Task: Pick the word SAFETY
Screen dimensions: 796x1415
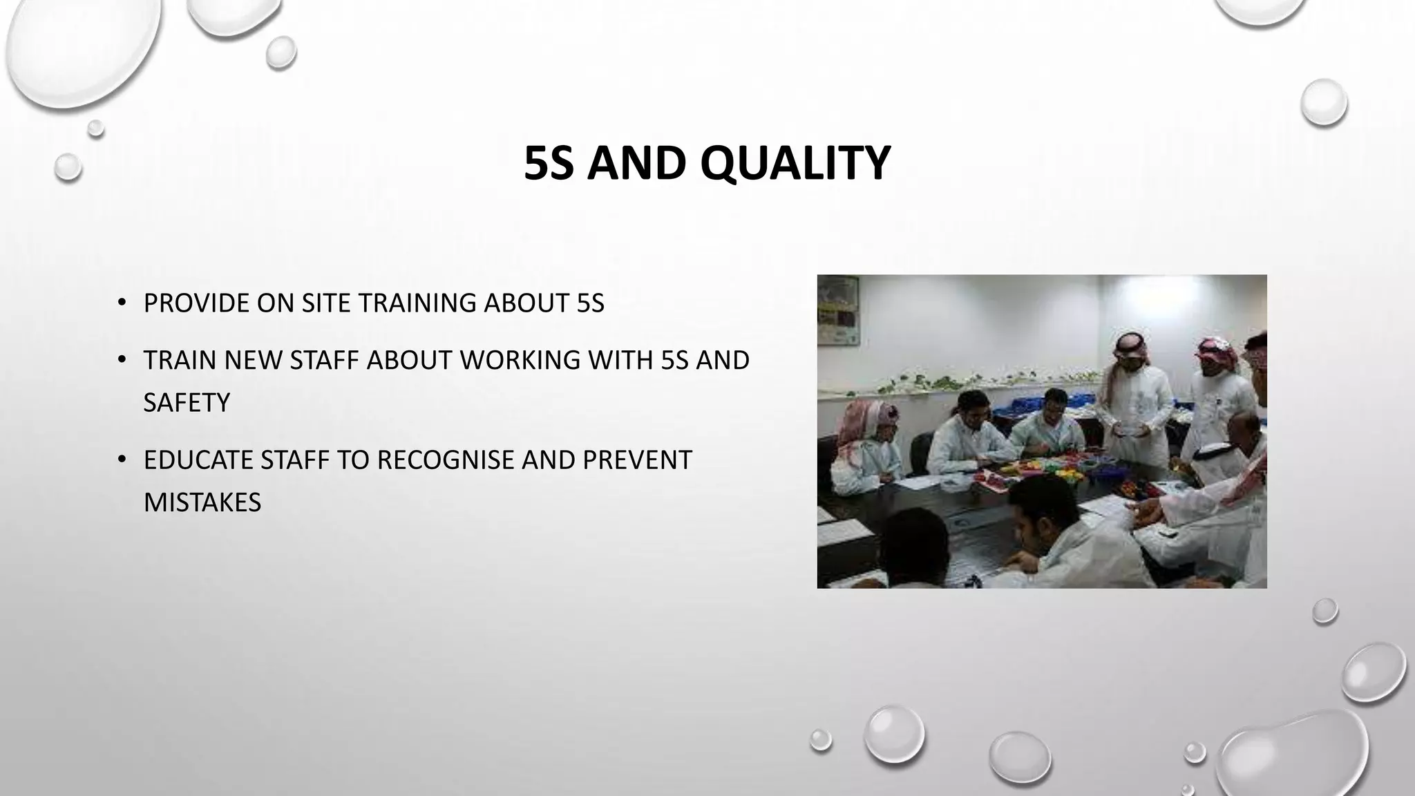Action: click(187, 403)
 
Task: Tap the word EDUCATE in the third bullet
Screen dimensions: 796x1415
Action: click(198, 460)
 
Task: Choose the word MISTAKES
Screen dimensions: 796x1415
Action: click(202, 502)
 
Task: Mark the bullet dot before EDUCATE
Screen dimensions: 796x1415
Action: click(122, 459)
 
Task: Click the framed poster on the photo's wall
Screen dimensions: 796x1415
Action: click(838, 311)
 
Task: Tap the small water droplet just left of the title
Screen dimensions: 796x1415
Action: click(68, 167)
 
